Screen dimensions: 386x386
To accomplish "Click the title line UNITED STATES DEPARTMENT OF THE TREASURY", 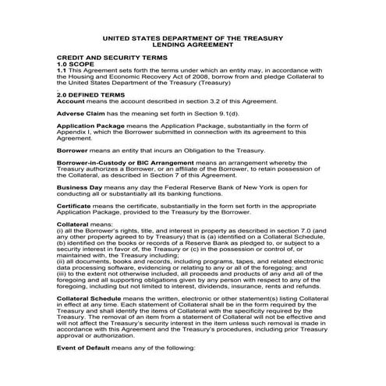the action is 193,37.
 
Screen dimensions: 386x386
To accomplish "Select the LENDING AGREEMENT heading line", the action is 193,44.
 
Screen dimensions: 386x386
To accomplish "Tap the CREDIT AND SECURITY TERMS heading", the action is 106,58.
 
